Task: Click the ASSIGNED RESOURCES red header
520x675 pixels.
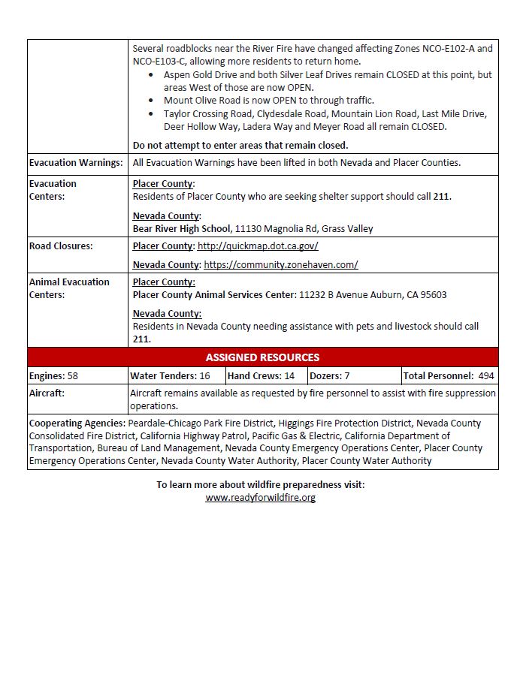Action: [x=262, y=357]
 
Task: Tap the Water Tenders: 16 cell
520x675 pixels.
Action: [x=170, y=375]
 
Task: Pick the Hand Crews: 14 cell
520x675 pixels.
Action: [x=261, y=375]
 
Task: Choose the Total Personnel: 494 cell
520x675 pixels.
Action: [x=449, y=375]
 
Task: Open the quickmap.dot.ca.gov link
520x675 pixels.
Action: [x=258, y=246]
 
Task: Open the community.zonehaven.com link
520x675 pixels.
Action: [x=280, y=264]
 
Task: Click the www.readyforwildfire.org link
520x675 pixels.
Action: [x=260, y=498]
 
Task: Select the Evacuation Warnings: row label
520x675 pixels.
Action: [x=75, y=163]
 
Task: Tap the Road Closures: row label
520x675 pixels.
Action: [x=61, y=246]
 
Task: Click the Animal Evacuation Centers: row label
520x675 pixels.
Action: [x=69, y=288]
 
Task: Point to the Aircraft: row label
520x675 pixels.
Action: [x=47, y=393]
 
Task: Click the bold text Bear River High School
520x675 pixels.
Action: [x=181, y=228]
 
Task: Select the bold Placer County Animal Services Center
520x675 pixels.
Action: [x=214, y=294]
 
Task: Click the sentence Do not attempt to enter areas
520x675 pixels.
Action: [x=240, y=145]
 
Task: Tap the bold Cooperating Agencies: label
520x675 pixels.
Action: [x=77, y=423]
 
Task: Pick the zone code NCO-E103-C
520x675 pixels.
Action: [x=162, y=61]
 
